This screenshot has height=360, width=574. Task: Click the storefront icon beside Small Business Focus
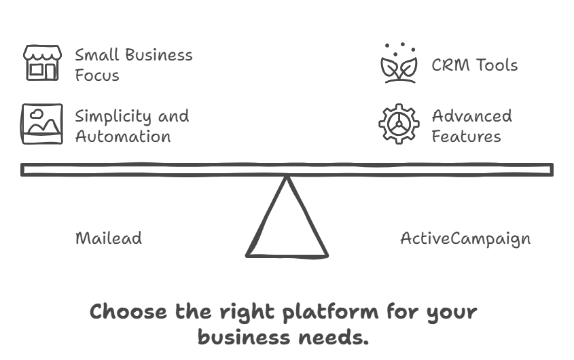[x=42, y=63]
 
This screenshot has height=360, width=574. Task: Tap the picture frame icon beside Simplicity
[x=42, y=124]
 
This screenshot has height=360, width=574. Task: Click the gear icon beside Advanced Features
[x=399, y=124]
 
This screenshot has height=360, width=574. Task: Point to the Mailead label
[x=109, y=238]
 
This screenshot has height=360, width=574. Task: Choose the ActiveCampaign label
[x=465, y=238]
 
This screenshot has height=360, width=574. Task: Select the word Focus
[x=97, y=75]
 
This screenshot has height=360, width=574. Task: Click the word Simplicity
[x=113, y=117]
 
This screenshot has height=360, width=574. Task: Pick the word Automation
[x=122, y=137]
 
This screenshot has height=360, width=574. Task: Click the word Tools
[x=495, y=65]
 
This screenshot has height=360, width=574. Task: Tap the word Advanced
[x=471, y=116]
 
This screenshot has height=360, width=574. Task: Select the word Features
[x=466, y=137]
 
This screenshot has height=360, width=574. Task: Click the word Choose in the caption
[x=129, y=312]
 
